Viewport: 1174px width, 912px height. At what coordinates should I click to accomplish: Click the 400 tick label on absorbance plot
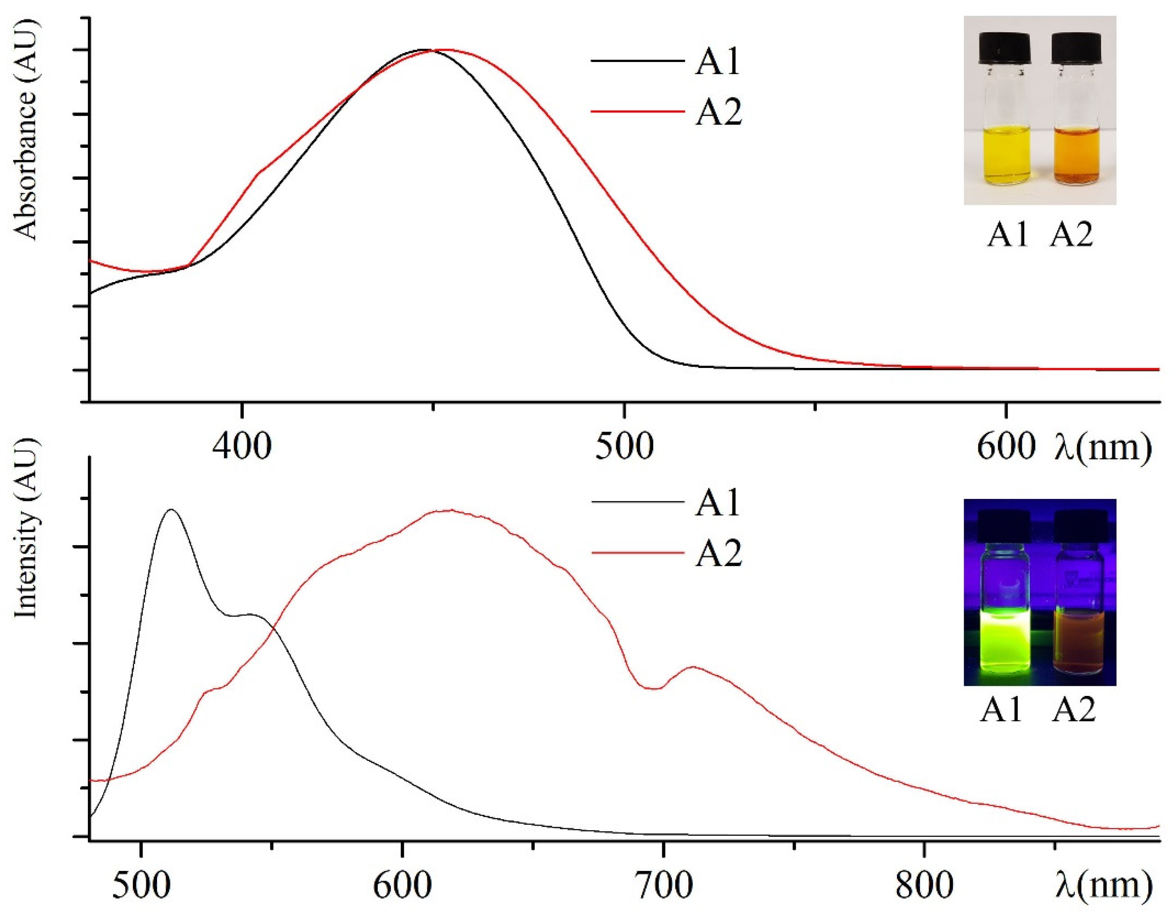pyautogui.click(x=242, y=446)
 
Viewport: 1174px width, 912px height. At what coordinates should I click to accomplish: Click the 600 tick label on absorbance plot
pyautogui.click(x=1005, y=446)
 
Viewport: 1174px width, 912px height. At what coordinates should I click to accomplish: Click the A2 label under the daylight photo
pyautogui.click(x=1072, y=235)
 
